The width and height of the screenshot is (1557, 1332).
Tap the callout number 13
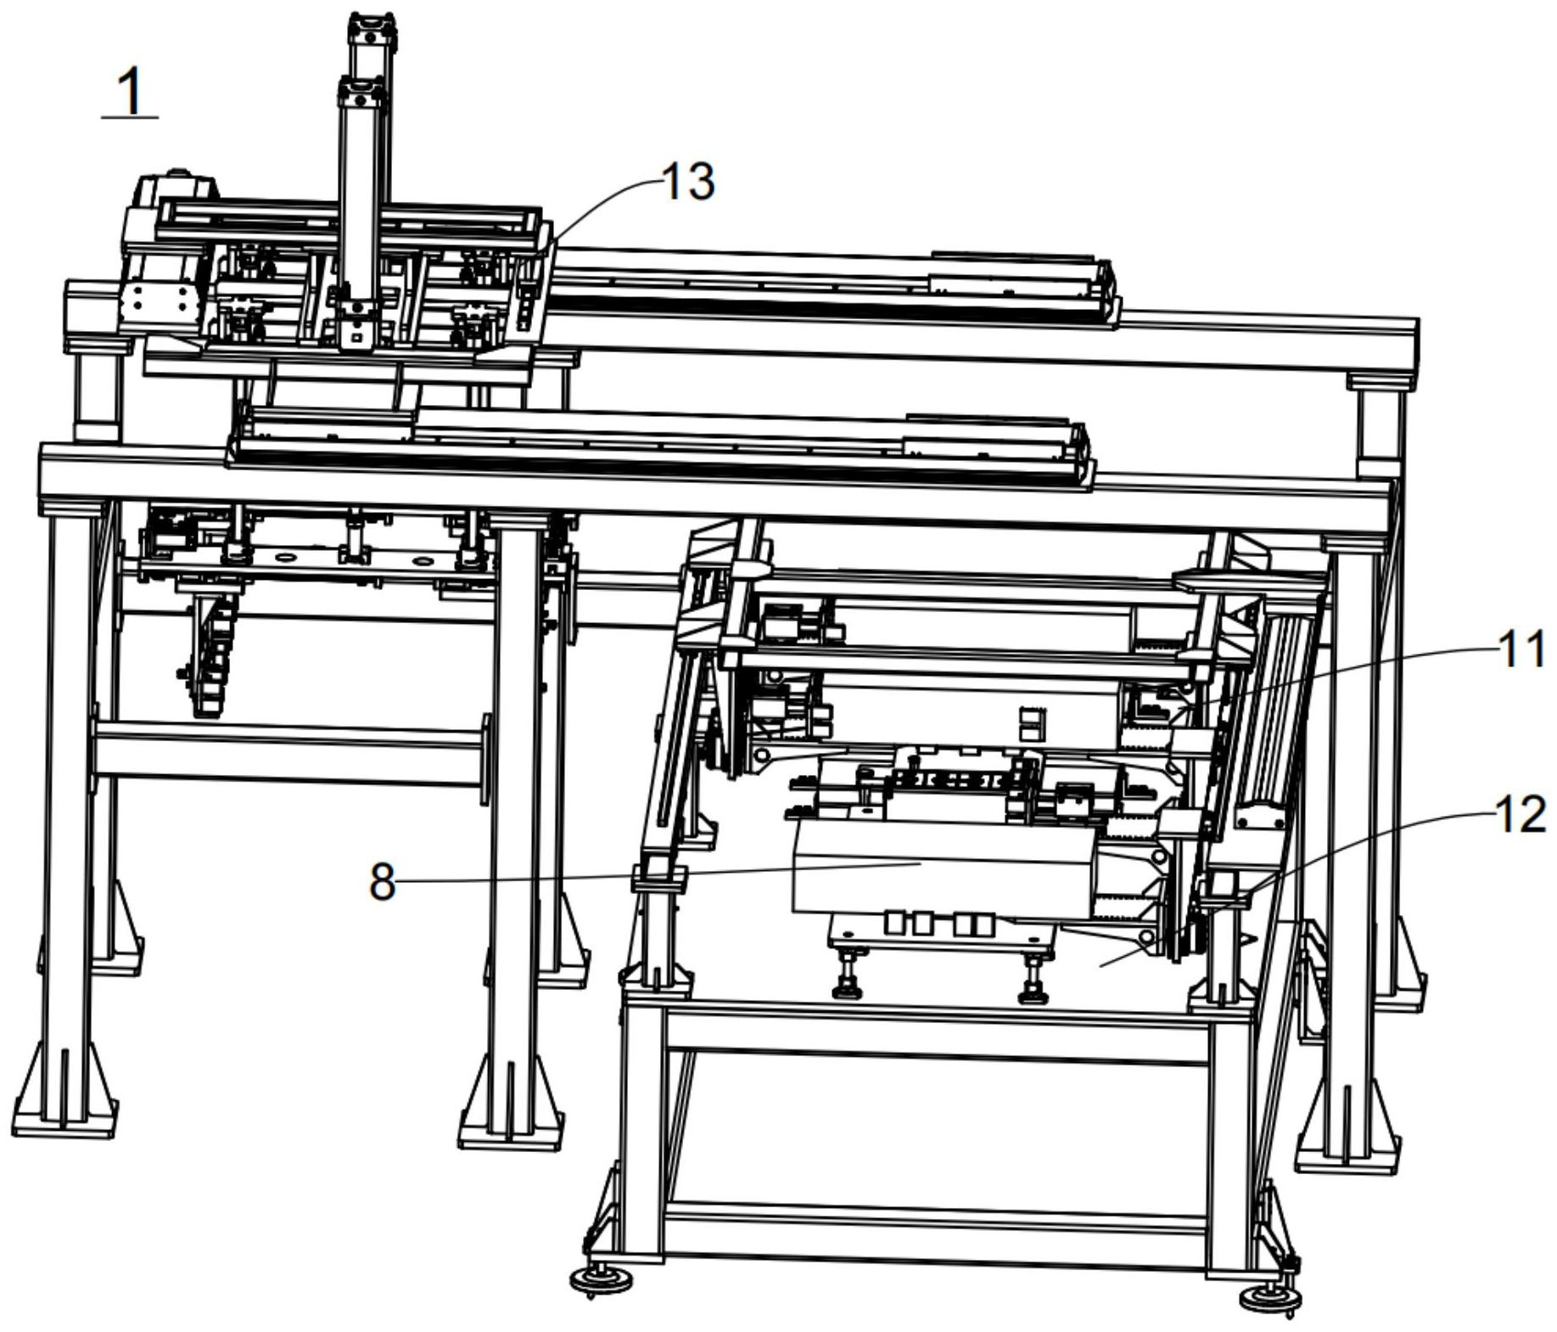687,182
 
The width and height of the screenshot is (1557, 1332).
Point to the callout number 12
1520,815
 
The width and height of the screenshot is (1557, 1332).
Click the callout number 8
382,883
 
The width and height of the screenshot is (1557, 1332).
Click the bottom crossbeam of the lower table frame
933,1222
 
